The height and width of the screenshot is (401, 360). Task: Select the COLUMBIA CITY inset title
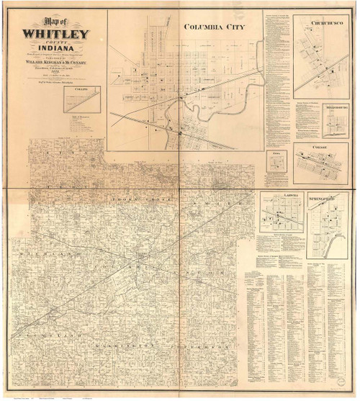point(214,27)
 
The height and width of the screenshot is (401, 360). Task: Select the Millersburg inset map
point(318,122)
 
